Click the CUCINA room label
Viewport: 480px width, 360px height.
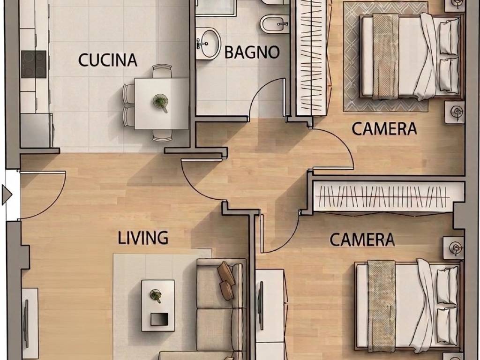(108, 60)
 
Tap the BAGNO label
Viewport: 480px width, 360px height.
(252, 52)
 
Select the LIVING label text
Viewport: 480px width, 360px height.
(143, 238)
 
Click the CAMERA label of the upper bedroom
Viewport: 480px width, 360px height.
(384, 128)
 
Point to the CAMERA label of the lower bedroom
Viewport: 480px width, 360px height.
(362, 240)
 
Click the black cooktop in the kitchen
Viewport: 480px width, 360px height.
(34, 64)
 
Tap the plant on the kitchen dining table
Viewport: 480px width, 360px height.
(160, 102)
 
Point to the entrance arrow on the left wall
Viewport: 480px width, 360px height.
(7, 195)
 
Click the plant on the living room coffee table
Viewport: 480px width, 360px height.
(156, 296)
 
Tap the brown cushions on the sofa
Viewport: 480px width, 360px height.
(226, 281)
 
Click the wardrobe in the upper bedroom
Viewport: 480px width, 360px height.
(314, 58)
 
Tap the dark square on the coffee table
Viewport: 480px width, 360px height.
(159, 319)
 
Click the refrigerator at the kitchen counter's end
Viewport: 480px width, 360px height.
(37, 130)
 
